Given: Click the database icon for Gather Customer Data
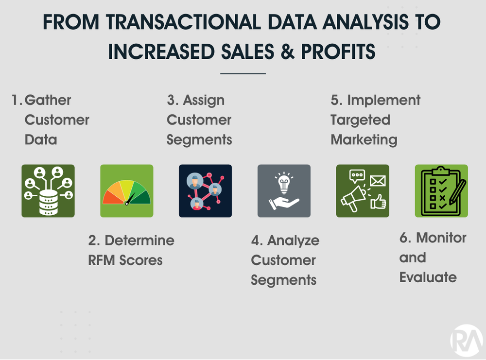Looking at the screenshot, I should click(48, 190).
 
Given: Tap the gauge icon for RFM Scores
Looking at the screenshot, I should click(126, 191).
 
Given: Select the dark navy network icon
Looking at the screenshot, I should click(205, 191).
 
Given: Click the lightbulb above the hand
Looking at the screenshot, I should click(284, 183).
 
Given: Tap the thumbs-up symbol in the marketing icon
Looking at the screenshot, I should click(378, 201).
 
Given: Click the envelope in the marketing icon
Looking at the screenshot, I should click(378, 181).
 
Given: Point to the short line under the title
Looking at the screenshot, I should click(243, 73).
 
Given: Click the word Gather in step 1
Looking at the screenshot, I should click(48, 100).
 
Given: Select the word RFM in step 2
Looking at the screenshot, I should click(103, 260).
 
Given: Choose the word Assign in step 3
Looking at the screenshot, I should click(204, 100).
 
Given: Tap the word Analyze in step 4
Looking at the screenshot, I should click(293, 240).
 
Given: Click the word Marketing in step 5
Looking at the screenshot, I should click(364, 140).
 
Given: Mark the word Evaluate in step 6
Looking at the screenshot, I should click(428, 277).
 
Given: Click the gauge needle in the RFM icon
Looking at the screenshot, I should click(129, 199).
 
